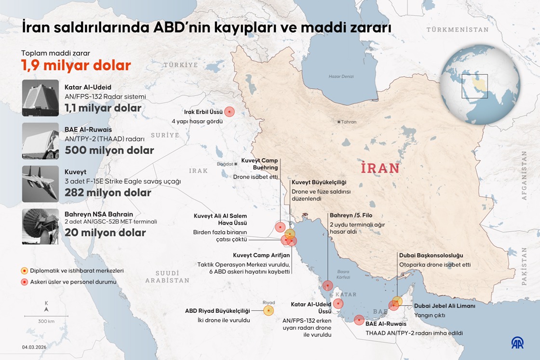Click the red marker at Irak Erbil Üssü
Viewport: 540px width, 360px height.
230,112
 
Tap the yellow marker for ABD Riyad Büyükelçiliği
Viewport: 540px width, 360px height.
269,311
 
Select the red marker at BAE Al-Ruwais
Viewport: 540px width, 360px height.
359,320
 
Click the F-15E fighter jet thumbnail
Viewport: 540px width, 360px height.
40,184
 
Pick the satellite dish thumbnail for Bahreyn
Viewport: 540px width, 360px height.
40,227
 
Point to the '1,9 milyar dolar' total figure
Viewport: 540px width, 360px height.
76,65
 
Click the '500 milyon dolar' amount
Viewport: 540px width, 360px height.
109,150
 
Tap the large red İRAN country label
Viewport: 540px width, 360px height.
380,168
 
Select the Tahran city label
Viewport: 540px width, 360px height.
348,122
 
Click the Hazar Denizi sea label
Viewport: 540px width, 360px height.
341,77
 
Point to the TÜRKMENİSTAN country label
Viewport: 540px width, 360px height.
457,30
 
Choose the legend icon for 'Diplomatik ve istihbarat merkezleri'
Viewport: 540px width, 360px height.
24,271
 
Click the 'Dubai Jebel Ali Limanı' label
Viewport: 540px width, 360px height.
445,306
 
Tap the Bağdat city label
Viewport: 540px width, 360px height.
225,164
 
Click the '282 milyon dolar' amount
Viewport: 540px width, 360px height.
108,193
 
